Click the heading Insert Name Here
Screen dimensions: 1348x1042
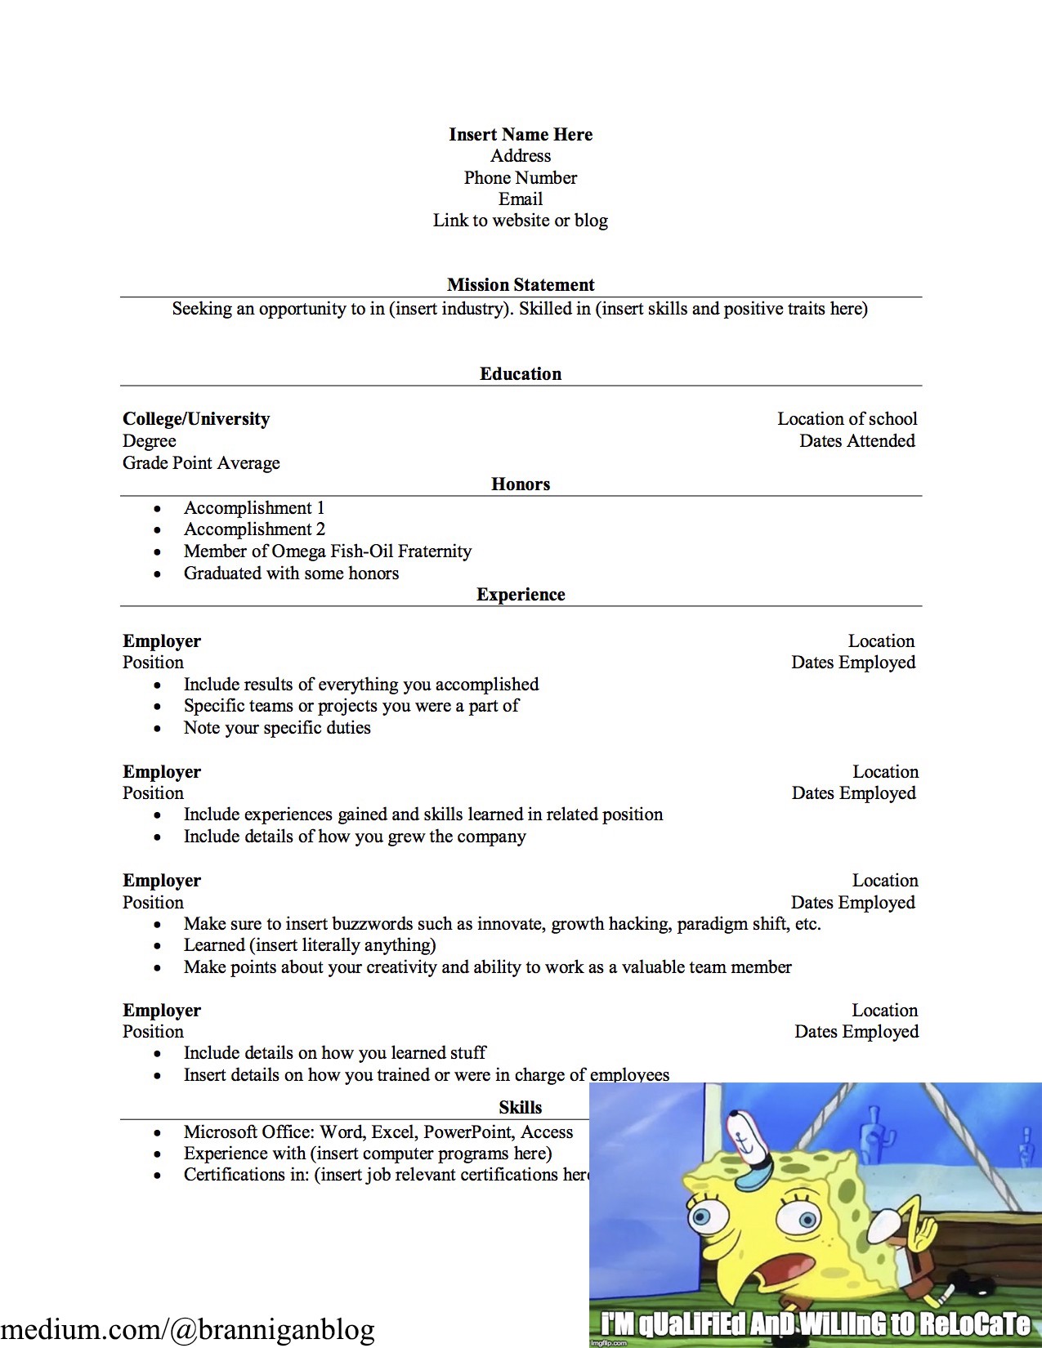(521, 135)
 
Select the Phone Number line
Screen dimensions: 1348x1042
(521, 178)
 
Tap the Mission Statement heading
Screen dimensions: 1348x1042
(521, 285)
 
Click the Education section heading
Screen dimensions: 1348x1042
(521, 374)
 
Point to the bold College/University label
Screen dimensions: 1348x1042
(196, 419)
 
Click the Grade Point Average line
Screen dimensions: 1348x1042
(201, 463)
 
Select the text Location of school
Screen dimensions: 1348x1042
(847, 419)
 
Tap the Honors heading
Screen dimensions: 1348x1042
(521, 484)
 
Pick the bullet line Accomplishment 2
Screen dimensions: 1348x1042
(254, 529)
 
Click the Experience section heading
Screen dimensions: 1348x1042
(521, 595)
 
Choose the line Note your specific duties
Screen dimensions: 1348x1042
(277, 728)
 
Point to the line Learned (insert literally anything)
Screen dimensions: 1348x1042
(310, 945)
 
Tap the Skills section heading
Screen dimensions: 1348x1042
(521, 1108)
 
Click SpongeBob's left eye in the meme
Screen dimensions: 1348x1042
(702, 1218)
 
